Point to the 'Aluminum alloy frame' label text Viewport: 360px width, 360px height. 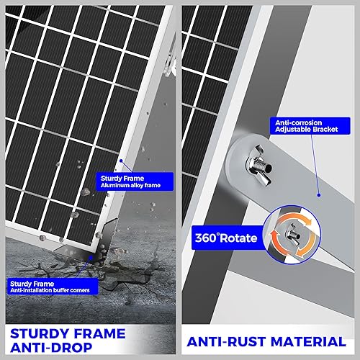click(130, 186)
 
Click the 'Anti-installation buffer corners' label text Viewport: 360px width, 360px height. click(46, 292)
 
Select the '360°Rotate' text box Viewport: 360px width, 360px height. click(224, 235)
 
